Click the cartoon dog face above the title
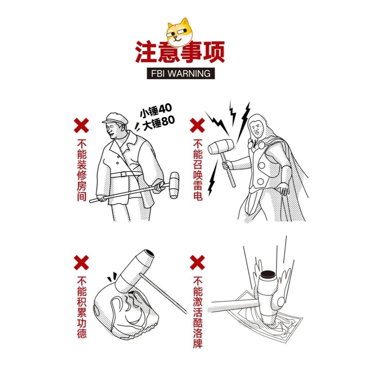pyautogui.click(x=179, y=32)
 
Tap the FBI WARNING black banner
pyautogui.click(x=181, y=74)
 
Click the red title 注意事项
pyautogui.click(x=180, y=52)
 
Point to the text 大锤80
pyautogui.click(x=159, y=123)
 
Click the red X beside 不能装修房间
pyautogui.click(x=81, y=125)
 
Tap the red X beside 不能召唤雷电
pyautogui.click(x=197, y=125)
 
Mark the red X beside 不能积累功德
pyautogui.click(x=81, y=262)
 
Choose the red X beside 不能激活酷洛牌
pyautogui.click(x=197, y=262)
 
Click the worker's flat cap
pyautogui.click(x=115, y=118)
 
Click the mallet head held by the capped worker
pyautogui.click(x=174, y=186)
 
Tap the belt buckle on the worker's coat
pyautogui.click(x=124, y=174)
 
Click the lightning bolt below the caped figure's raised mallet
pyautogui.click(x=213, y=178)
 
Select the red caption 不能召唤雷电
pyautogui.click(x=198, y=170)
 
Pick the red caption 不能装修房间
pyautogui.click(x=82, y=170)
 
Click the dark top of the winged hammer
pyautogui.click(x=268, y=274)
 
